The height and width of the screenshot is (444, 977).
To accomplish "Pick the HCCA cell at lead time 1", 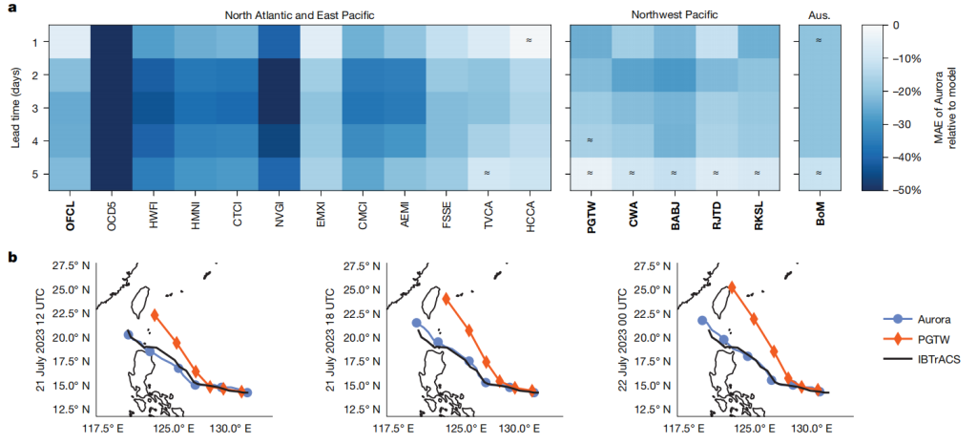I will pos(521,41).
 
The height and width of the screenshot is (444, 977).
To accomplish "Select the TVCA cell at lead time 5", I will pos(487,173).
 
